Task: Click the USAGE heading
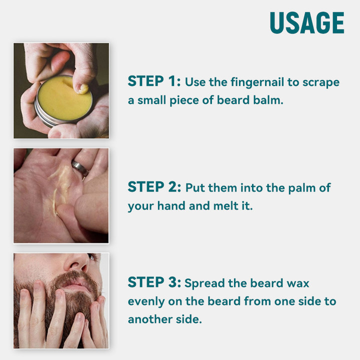[x=307, y=23]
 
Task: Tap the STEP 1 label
[x=154, y=81]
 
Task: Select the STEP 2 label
[x=154, y=186]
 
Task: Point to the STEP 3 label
[x=154, y=282]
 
